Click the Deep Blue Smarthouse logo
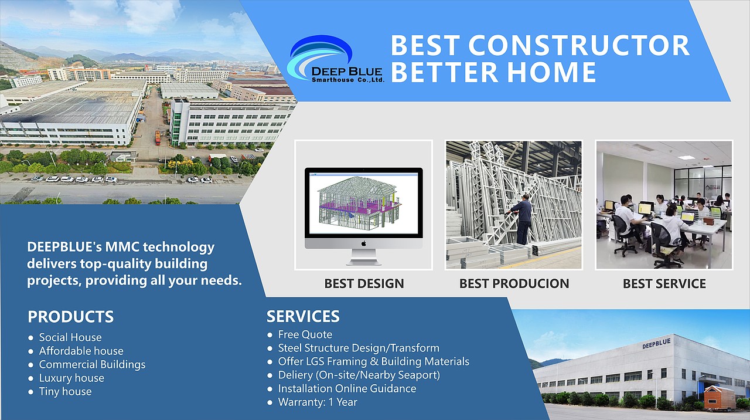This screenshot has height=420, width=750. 335,59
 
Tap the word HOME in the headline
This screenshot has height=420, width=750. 551,72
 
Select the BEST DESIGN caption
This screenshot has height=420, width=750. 364,283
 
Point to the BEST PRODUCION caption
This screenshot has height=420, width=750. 514,283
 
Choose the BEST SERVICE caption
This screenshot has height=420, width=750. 664,283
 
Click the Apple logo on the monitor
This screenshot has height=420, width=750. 364,243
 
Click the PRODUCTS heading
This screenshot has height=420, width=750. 71,317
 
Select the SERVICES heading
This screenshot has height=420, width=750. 303,316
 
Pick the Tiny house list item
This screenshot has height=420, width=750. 65,391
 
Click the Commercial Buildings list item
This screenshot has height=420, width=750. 93,364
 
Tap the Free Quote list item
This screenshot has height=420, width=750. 305,334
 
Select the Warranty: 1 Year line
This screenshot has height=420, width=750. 318,402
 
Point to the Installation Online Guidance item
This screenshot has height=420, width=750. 347,388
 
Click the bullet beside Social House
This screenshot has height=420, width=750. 31,337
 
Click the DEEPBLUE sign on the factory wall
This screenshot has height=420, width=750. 656,344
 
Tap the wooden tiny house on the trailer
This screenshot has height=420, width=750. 718,398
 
